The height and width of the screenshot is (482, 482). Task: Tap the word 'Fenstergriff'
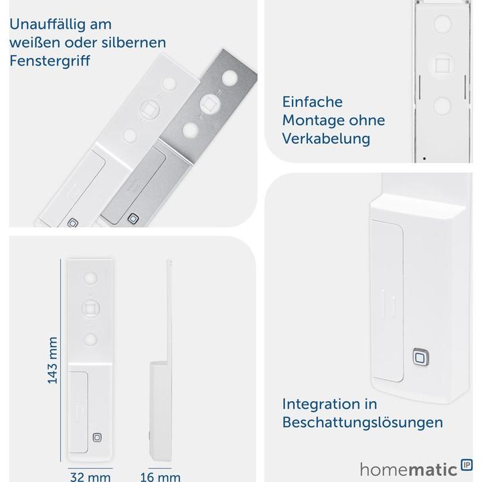[x=50, y=60]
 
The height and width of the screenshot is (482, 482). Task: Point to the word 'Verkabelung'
[x=326, y=139]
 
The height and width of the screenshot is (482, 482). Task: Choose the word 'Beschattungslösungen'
[x=362, y=423]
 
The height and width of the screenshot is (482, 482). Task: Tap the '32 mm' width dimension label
[x=90, y=477]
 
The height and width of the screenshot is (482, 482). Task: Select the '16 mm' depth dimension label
[x=160, y=477]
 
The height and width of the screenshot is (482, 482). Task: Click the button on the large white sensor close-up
[x=421, y=357]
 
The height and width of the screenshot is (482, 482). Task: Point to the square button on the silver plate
[x=133, y=219]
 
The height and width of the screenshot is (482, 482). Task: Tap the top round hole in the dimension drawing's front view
[x=90, y=277]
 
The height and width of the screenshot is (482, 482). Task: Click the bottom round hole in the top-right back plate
[x=443, y=106]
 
